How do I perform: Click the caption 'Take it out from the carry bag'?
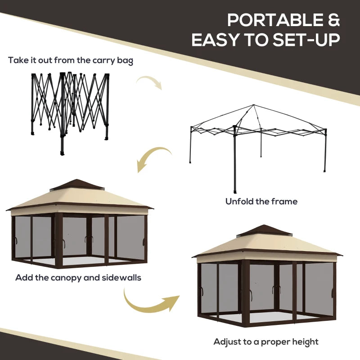[71, 60]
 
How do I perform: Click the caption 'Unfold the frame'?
[261, 201]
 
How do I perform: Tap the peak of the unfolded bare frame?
[254, 105]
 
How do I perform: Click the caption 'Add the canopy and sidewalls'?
[78, 277]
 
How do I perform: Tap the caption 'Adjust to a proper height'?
[266, 342]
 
